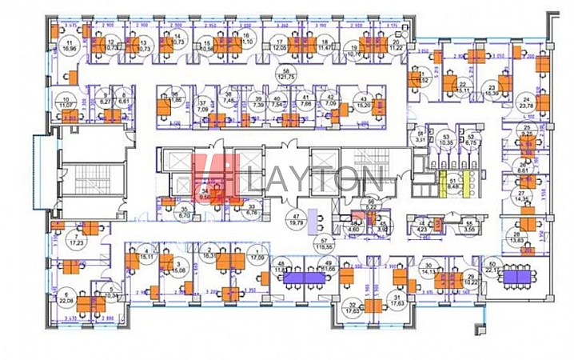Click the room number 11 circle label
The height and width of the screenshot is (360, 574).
pyautogui.click(x=70, y=44)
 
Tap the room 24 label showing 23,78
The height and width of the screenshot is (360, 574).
pyautogui.click(x=525, y=102)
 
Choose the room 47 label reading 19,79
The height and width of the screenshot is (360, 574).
pyautogui.click(x=295, y=221)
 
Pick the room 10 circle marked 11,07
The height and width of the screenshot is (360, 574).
pyautogui.click(x=66, y=102)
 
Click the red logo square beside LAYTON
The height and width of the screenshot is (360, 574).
pyautogui.click(x=216, y=178)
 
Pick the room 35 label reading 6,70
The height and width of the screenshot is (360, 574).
pyautogui.click(x=184, y=214)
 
